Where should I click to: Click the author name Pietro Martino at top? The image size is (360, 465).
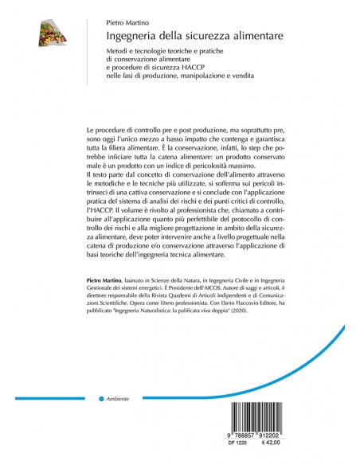(127, 24)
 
